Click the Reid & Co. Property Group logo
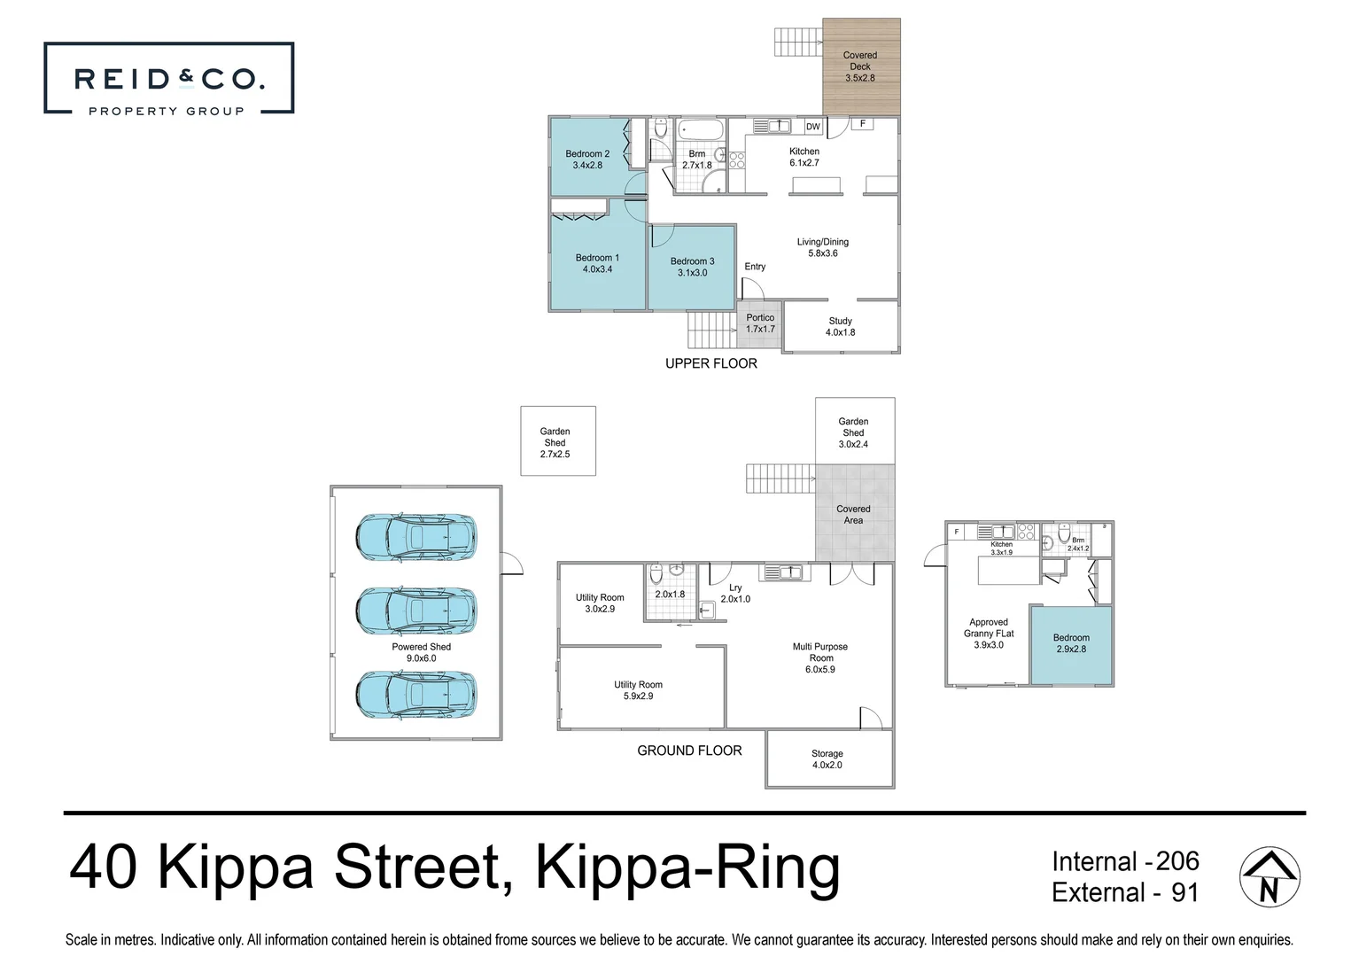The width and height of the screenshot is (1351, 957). tap(168, 79)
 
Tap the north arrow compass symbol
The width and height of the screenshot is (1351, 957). tap(1269, 877)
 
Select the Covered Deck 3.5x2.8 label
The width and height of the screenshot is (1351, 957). tap(859, 66)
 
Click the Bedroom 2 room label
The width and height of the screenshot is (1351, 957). tap(587, 159)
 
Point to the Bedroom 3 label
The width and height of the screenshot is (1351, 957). tap(692, 267)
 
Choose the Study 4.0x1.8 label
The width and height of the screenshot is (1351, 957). tap(840, 327)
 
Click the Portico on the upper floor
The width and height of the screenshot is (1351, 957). tap(760, 323)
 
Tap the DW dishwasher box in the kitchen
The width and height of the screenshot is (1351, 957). tap(812, 127)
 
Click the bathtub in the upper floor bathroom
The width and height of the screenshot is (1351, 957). tap(700, 130)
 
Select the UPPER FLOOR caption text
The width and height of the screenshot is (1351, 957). tap(710, 363)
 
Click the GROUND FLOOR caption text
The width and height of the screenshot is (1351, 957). tap(689, 751)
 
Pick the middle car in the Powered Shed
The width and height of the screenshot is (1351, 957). tap(415, 611)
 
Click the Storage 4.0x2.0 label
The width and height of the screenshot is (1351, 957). tap(827, 759)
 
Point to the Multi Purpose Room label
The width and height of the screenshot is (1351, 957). tap(819, 657)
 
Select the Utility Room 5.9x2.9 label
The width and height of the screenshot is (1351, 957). tap(638, 690)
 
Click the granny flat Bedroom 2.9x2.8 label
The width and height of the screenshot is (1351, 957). tap(1071, 643)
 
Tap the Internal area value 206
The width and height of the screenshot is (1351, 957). tap(1177, 861)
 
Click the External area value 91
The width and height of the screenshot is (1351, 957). tap(1184, 892)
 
